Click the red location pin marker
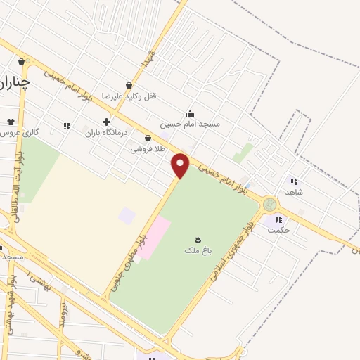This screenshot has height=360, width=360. (181, 165)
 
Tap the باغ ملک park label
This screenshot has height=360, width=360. (197, 250)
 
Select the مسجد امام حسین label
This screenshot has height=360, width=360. (190, 124)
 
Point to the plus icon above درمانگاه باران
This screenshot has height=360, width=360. (106, 122)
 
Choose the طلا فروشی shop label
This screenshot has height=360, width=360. (148, 149)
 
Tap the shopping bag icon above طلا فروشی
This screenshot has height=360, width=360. (148, 139)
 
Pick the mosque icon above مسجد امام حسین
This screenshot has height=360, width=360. (189, 113)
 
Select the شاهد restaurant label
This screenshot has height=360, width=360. (293, 192)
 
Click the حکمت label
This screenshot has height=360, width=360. (279, 230)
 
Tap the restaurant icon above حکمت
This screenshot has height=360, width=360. (279, 219)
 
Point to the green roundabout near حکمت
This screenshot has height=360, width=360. (269, 205)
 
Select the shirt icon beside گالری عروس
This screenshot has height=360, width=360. (10, 122)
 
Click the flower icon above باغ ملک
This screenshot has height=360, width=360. (198, 240)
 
